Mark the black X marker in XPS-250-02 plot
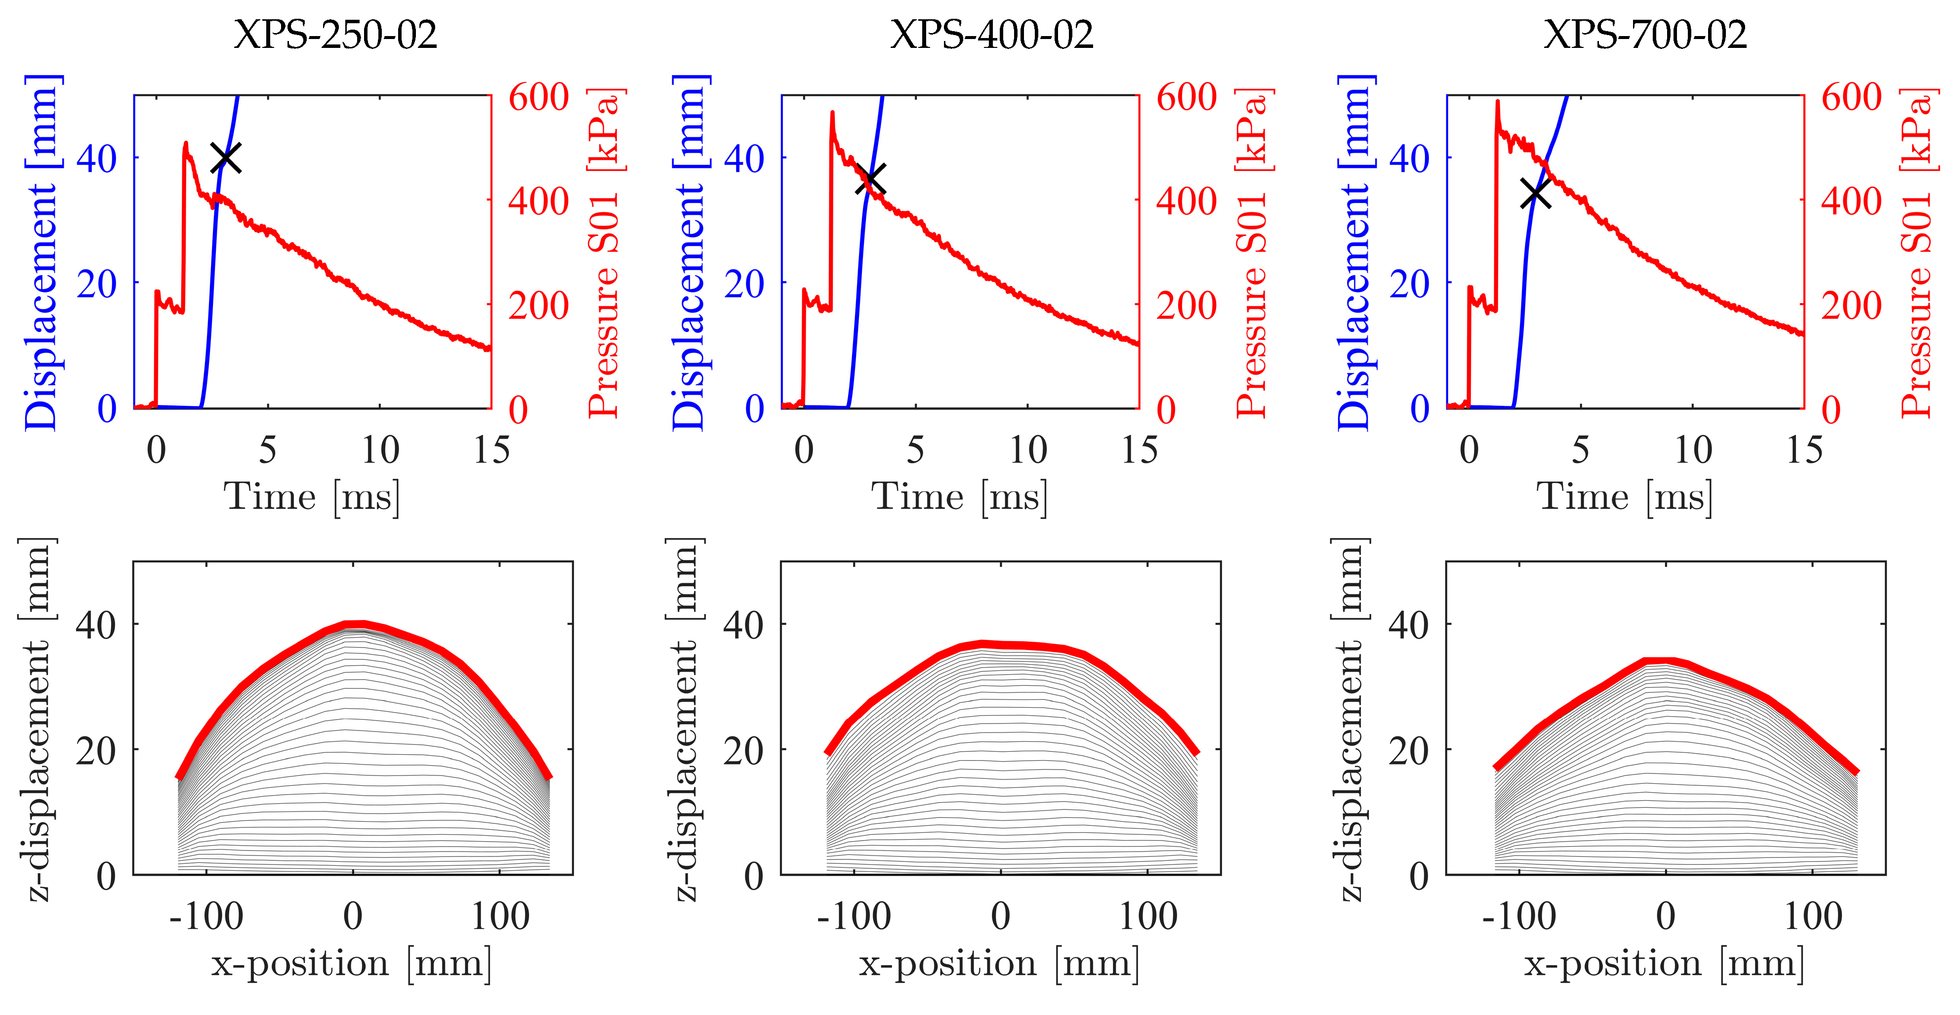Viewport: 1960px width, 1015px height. (226, 158)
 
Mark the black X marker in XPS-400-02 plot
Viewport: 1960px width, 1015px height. (870, 180)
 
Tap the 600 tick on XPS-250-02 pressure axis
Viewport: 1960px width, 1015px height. (538, 97)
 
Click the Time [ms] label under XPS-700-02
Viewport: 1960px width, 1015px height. (1625, 497)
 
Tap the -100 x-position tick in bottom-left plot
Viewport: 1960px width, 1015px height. (205, 916)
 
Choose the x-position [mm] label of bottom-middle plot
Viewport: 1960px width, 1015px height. (999, 965)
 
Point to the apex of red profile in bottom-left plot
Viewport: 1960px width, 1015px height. (355, 625)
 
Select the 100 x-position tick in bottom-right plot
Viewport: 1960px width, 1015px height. (1813, 916)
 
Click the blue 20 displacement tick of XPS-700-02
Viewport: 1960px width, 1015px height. (1409, 284)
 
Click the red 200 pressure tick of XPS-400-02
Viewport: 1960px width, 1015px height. (1186, 306)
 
